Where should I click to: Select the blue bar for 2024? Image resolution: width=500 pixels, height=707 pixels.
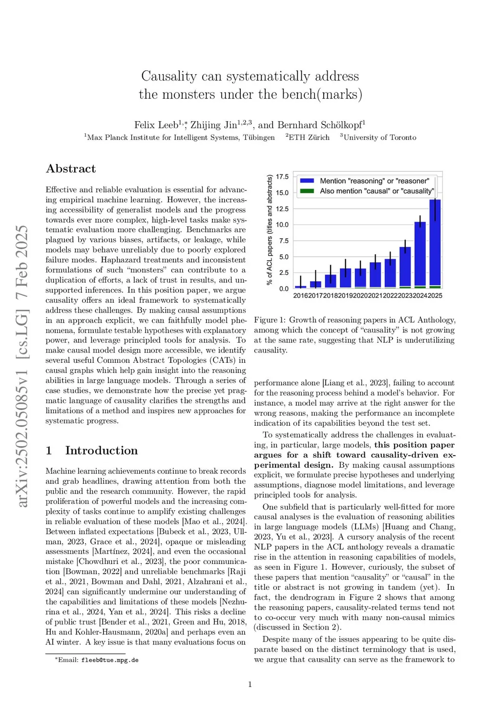[420, 254]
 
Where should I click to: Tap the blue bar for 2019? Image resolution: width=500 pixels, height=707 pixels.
[345, 278]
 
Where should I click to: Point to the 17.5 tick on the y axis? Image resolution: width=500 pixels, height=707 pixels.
[282, 177]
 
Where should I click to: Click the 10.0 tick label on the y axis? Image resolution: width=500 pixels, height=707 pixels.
[282, 225]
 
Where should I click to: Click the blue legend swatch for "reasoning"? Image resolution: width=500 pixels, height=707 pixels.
[307, 181]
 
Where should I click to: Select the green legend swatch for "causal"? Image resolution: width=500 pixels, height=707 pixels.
[307, 191]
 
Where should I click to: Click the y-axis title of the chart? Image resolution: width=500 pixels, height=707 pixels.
[270, 230]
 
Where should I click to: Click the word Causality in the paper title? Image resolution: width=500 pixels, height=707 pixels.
[168, 76]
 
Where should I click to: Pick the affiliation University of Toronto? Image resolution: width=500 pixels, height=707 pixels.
[380, 138]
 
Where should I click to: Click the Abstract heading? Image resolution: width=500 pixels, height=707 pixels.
[71, 169]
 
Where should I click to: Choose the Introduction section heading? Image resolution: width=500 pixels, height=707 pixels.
[101, 451]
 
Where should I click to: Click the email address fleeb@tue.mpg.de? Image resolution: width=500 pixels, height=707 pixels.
[110, 660]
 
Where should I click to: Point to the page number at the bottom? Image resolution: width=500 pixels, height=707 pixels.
[250, 685]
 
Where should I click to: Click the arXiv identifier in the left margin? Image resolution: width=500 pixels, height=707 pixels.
[22, 366]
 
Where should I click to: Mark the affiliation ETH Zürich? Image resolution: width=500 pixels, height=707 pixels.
[309, 138]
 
